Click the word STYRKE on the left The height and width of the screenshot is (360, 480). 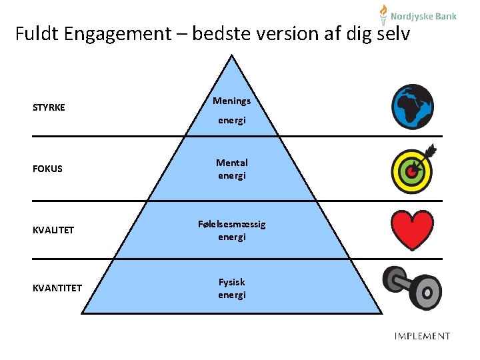pos(49,107)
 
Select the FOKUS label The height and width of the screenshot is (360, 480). pos(47,169)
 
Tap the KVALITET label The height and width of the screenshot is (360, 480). pos(53,230)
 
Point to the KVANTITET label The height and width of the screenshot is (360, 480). pos(57,288)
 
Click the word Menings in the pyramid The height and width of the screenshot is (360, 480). pos(231,101)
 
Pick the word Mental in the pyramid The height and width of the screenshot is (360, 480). pos(231,163)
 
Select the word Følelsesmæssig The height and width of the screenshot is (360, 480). pos(231,224)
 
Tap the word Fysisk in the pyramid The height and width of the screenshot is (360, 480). pos(231,282)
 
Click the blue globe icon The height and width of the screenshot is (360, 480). pos(413,107)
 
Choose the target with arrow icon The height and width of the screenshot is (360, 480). pos(413,168)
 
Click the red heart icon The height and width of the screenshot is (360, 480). pos(412,229)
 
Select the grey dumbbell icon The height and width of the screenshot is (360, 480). pos(412,287)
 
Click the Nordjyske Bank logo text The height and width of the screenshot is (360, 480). pos(423,16)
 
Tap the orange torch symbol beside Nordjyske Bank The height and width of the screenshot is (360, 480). pos(383,14)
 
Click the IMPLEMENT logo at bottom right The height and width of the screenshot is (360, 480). pos(422,336)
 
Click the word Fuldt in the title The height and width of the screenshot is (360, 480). pos(37,33)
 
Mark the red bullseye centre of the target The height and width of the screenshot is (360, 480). pos(411,171)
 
